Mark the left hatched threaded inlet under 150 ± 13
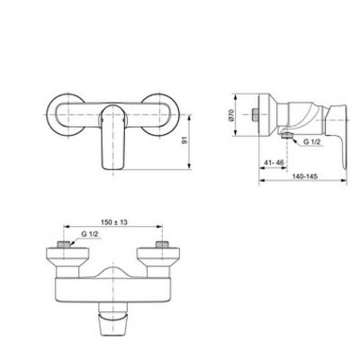coord(62,245)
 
